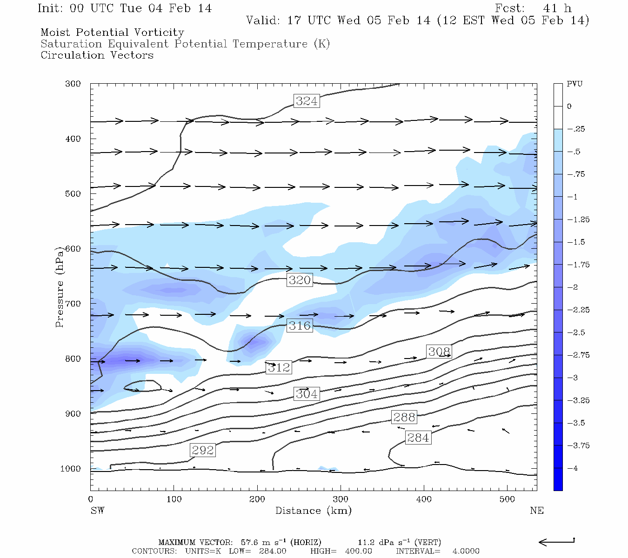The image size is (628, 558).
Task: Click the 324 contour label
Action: coord(307,101)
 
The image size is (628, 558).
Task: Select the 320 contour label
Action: coord(300,280)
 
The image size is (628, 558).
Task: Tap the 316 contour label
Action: coord(300,325)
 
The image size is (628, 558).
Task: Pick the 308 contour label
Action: coord(439,352)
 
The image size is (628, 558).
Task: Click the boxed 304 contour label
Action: coord(307,394)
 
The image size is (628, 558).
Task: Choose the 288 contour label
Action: coord(404,417)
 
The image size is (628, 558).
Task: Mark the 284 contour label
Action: coord(418,438)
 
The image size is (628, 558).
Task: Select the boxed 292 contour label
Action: coord(203,450)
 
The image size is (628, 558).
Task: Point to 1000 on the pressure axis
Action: coord(71,469)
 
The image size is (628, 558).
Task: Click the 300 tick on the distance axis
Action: coord(341,499)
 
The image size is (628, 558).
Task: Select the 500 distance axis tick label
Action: coord(507,499)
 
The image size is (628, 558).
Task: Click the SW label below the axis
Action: coord(97,511)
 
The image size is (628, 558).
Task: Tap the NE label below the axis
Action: coord(536,511)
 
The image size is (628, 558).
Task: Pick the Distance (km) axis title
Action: coord(313,511)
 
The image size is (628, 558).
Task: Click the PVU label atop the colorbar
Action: coord(575,84)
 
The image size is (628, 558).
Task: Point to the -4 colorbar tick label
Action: coord(572,468)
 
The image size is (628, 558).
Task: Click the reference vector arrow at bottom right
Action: coord(556,541)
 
